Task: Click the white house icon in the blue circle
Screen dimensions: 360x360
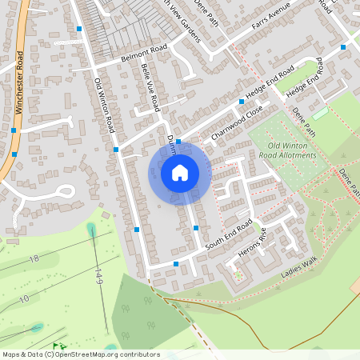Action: [180, 173]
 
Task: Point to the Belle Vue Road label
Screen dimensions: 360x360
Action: [151, 87]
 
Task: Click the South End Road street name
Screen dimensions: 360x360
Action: [228, 234]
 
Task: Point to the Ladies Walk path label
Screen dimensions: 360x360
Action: [299, 272]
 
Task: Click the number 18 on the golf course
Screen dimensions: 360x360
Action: [34, 259]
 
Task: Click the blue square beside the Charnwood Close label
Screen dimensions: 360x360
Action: [242, 102]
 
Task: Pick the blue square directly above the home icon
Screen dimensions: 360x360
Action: [178, 142]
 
